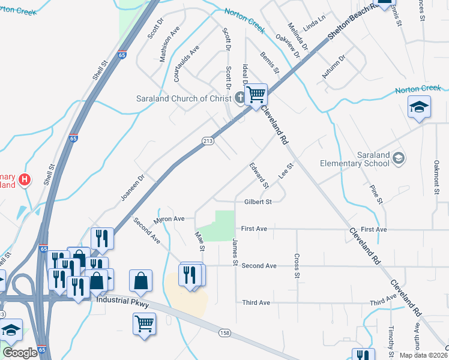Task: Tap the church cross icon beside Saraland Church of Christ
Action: click(240, 98)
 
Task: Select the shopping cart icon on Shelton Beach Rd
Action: click(256, 94)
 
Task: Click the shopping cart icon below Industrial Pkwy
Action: click(144, 324)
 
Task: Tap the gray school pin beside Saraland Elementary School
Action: click(398, 158)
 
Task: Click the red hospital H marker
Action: click(24, 179)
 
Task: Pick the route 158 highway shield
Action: click(224, 332)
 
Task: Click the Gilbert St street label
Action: click(258, 202)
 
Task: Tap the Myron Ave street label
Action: click(169, 219)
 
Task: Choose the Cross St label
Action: click(297, 266)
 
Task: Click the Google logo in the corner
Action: click(20, 352)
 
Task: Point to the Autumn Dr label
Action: click(334, 67)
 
